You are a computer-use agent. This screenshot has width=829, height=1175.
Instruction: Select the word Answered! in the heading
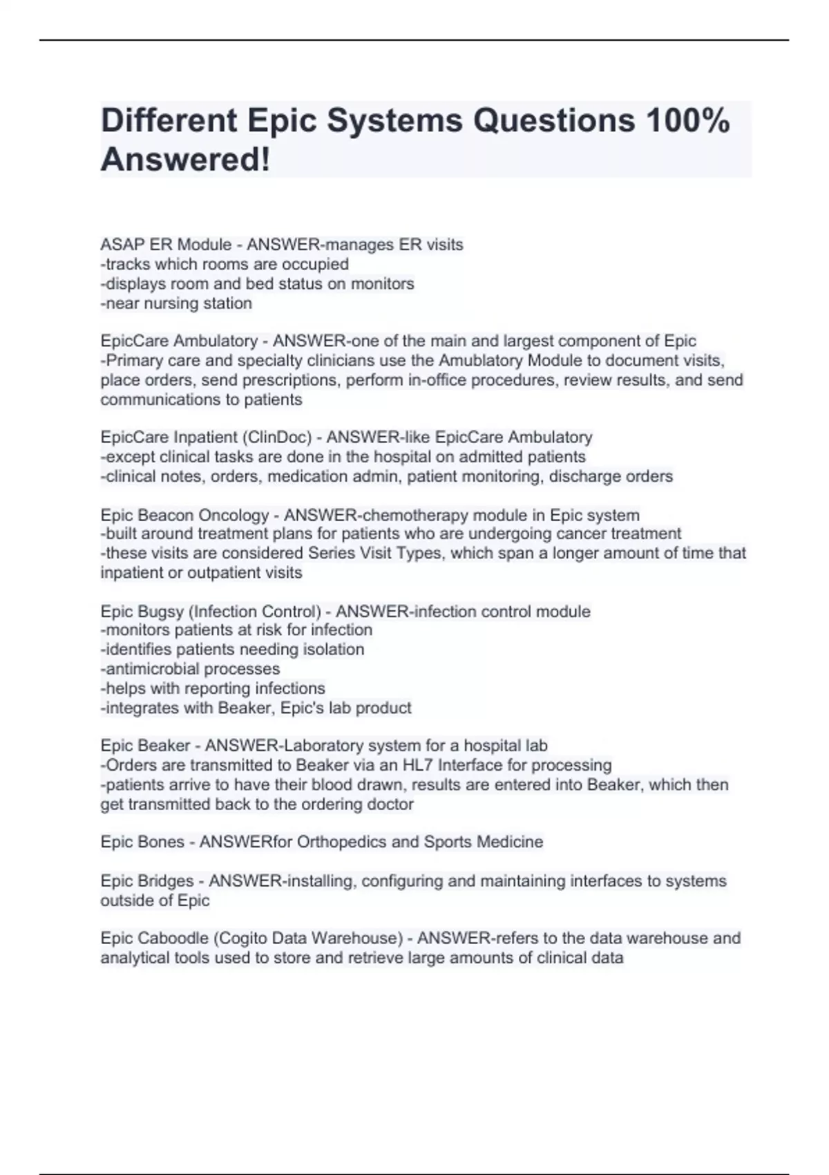click(x=185, y=160)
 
